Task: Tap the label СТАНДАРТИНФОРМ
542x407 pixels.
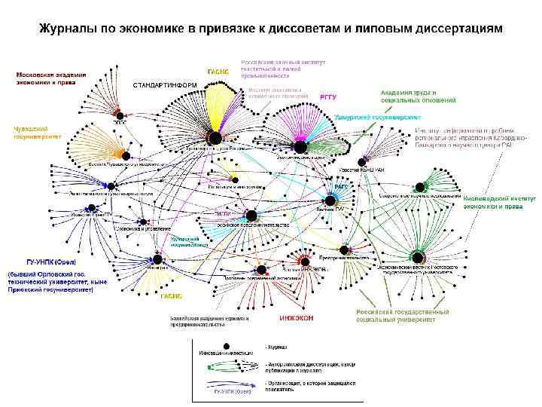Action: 165,84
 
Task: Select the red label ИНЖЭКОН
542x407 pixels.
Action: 296,318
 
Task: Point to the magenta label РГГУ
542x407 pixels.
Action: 329,96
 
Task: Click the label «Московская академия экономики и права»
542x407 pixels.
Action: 51,79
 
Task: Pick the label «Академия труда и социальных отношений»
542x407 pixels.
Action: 419,96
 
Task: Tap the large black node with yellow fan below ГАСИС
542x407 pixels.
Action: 215,138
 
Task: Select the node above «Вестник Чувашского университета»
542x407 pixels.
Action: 126,156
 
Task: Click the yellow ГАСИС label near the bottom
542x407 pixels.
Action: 171,297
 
